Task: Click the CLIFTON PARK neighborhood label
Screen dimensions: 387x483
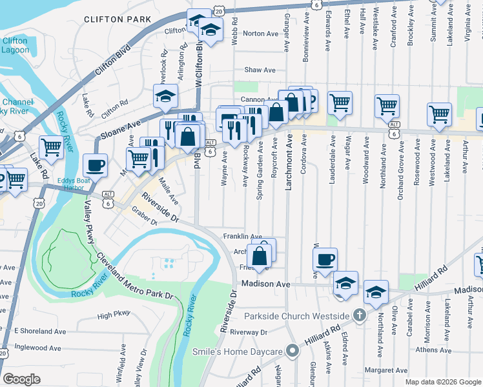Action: tap(112, 20)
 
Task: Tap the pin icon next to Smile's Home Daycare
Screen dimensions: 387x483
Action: tap(293, 352)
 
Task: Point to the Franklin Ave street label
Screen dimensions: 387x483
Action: tap(242, 237)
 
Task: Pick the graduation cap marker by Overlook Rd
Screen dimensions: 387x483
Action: tap(166, 96)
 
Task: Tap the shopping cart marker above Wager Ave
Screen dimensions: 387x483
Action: tap(340, 101)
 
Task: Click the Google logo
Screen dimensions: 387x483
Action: tap(21, 379)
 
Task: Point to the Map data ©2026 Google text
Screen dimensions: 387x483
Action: tap(443, 382)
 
